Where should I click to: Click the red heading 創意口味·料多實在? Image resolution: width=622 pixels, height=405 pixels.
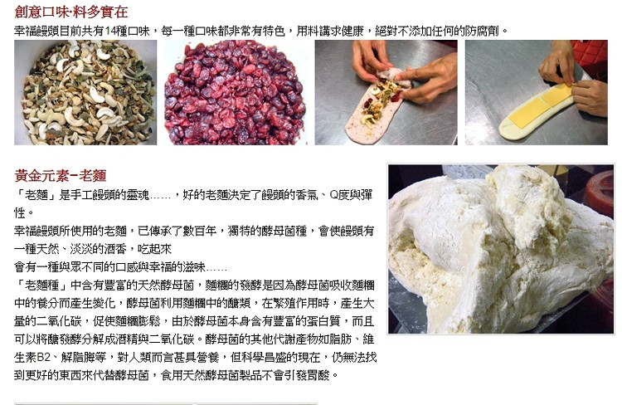[x=71, y=12]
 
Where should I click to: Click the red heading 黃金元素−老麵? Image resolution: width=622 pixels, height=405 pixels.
[x=61, y=175]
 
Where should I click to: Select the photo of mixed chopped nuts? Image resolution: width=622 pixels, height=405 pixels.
[x=85, y=92]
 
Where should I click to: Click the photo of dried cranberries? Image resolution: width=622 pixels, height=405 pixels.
[x=236, y=92]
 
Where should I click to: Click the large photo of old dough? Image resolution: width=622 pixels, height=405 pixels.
[x=501, y=249]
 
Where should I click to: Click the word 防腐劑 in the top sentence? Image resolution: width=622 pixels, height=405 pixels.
[x=483, y=31]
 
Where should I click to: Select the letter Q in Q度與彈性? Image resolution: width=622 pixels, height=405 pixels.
[x=333, y=195]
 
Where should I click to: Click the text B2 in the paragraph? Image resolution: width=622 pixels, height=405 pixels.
[x=43, y=358]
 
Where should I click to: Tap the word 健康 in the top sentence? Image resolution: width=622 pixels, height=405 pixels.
[x=352, y=31]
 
